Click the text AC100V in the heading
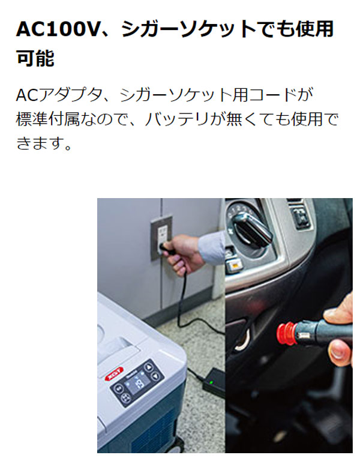click(57, 29)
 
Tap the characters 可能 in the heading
click(35, 58)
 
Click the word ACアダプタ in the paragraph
click(59, 95)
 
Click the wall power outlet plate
click(161, 238)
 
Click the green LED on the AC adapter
click(211, 382)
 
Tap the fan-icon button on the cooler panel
click(125, 399)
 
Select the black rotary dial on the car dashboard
click(251, 229)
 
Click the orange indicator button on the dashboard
click(235, 265)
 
